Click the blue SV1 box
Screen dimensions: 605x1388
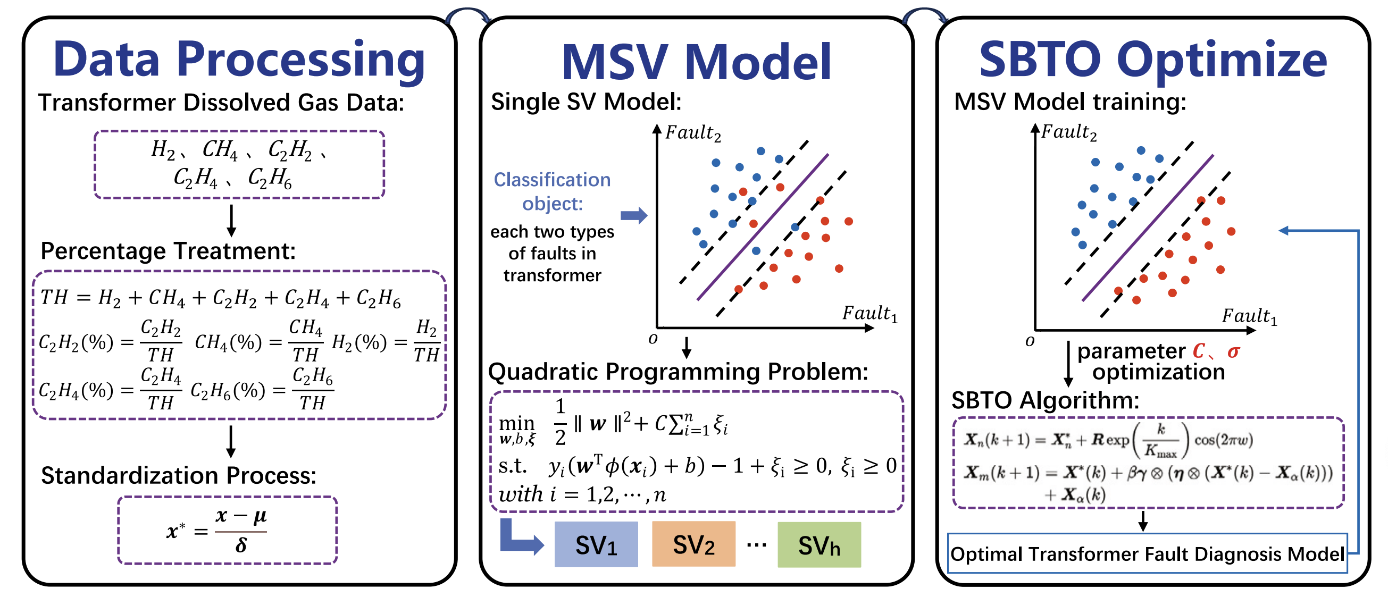[596, 544]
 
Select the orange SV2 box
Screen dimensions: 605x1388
[693, 544]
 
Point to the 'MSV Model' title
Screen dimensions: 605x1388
[696, 62]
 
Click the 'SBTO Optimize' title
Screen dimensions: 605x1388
[1152, 60]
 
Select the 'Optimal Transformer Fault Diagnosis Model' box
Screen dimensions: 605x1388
[1147, 553]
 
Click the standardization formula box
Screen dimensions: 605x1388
[228, 530]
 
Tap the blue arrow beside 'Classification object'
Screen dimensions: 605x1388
[634, 215]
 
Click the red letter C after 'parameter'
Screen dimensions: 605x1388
[1198, 351]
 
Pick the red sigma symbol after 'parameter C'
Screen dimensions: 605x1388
[1233, 352]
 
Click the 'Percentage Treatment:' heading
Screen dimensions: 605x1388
[168, 251]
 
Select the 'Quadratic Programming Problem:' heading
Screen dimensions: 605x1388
[678, 372]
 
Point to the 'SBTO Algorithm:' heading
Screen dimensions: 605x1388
[1046, 400]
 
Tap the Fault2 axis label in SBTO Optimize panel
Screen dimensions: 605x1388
[1069, 132]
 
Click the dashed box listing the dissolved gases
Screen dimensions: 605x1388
[239, 164]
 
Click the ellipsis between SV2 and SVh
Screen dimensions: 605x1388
[757, 545]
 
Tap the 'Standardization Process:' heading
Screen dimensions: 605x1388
[178, 475]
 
